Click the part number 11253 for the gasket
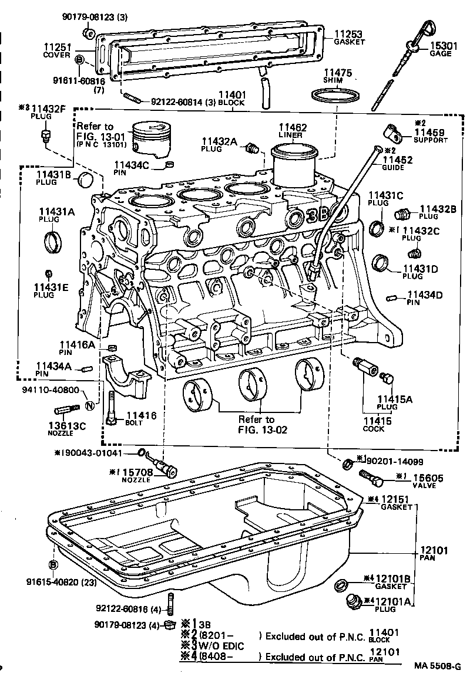coord(349,34)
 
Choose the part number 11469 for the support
coord(432,133)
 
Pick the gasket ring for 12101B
coord(340,584)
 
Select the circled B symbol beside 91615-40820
coord(53,565)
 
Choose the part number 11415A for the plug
coord(394,399)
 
